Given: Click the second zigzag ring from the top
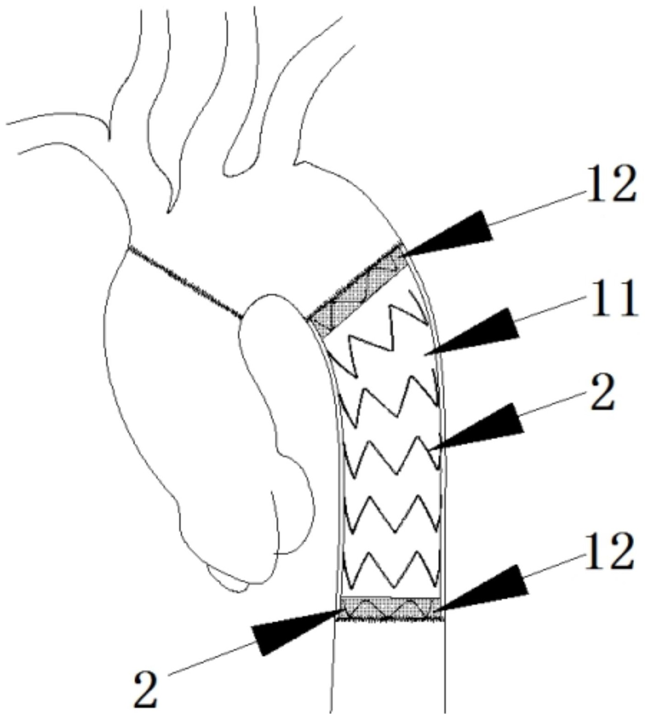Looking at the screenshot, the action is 390,399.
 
